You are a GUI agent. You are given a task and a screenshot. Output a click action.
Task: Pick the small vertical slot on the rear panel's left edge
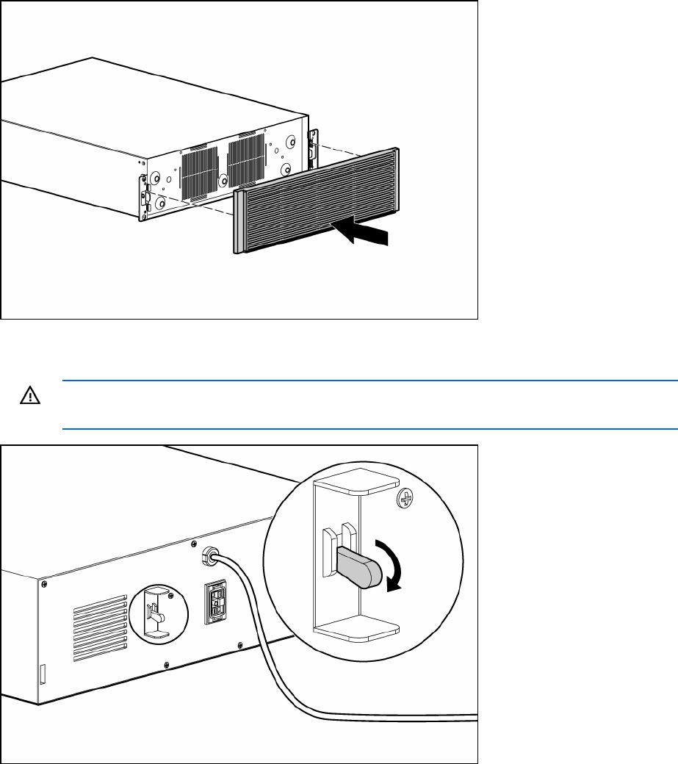pos(43,672)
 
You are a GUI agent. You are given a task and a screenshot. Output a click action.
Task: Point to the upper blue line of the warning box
pos(367,381)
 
